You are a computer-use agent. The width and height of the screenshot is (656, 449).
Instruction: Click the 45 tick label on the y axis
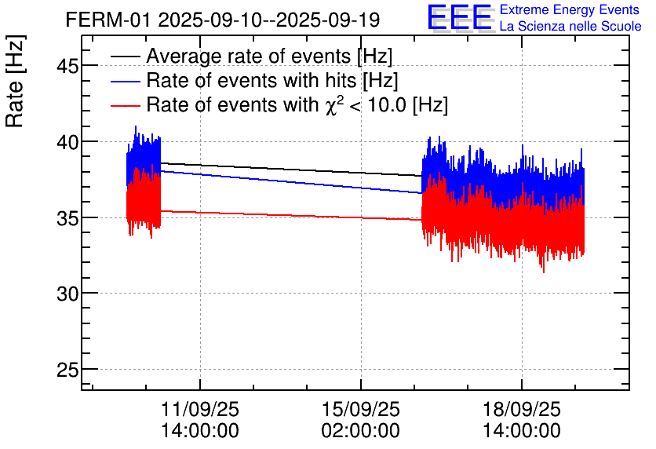[68, 66]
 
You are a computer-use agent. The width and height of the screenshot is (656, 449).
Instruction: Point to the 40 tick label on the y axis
[68, 142]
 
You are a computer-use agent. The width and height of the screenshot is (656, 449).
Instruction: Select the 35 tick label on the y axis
[68, 217]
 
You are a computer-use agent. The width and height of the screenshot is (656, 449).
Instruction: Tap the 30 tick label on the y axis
[68, 294]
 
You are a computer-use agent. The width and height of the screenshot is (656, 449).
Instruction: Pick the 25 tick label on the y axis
[68, 369]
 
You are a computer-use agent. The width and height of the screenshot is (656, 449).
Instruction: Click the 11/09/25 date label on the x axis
[200, 410]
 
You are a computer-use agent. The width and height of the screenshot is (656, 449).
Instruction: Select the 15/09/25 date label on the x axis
[361, 410]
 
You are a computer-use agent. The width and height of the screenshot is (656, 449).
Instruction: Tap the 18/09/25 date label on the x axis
[522, 410]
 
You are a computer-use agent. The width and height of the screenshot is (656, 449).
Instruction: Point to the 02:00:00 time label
[361, 431]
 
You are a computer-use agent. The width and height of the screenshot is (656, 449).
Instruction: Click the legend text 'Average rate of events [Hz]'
[269, 57]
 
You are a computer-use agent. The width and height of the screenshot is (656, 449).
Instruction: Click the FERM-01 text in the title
[108, 20]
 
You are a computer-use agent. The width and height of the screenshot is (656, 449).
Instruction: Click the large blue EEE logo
[460, 18]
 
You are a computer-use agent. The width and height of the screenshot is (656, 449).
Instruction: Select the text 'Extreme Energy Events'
[570, 10]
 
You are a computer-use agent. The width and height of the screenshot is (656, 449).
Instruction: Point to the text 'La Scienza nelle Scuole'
[570, 27]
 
